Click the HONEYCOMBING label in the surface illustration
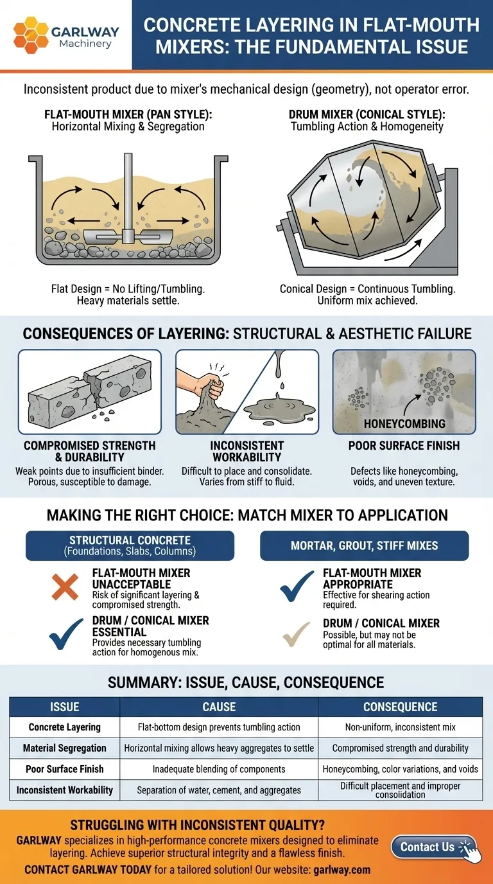pyautogui.click(x=404, y=424)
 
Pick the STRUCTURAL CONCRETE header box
pyautogui.click(x=130, y=545)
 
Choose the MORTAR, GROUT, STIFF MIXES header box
pyautogui.click(x=364, y=545)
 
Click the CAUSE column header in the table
pyautogui.click(x=219, y=707)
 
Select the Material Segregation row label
pyautogui.click(x=65, y=748)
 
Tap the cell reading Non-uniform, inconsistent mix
pyautogui.click(x=401, y=727)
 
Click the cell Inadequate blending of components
pyautogui.click(x=219, y=769)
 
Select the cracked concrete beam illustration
pyautogui.click(x=89, y=392)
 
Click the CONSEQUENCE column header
pyautogui.click(x=401, y=707)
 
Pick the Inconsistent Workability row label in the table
pyautogui.click(x=65, y=790)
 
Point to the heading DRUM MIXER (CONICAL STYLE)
pyautogui.click(x=367, y=114)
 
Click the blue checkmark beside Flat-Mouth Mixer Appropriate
pyautogui.click(x=297, y=585)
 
